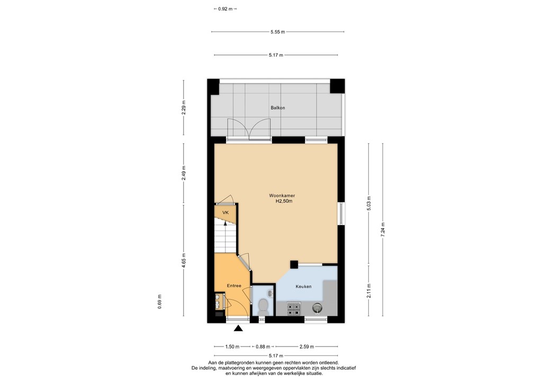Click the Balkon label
(277, 108)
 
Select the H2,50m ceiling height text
(284, 202)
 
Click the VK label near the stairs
(225, 213)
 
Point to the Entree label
(234, 286)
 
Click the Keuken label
(303, 286)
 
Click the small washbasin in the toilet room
(270, 293)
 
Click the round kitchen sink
(317, 307)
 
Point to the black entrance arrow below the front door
(238, 329)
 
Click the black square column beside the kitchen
(294, 263)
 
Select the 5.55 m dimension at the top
(277, 32)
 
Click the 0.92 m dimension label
(224, 9)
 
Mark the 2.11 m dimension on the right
(369, 290)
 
